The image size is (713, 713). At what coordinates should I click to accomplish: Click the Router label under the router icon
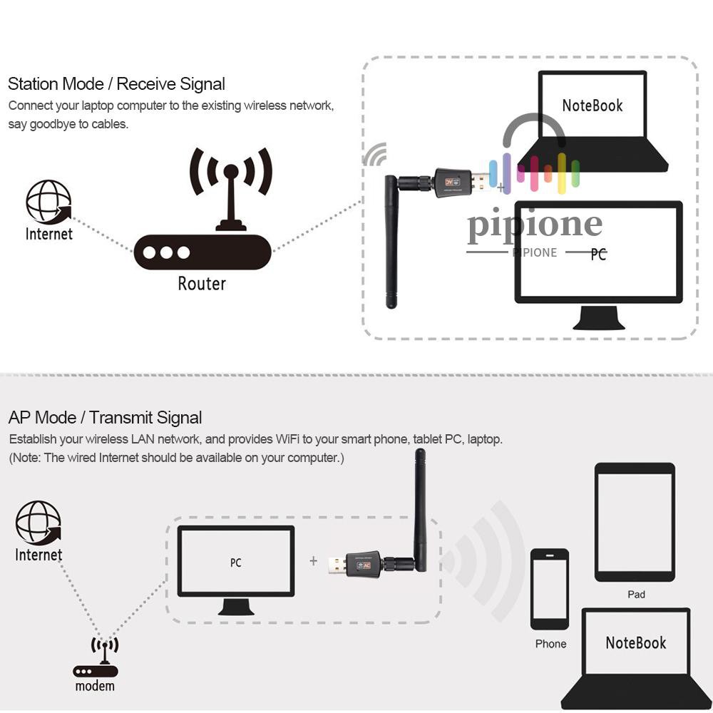[x=201, y=283]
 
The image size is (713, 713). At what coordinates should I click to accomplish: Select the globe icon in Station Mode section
[x=48, y=202]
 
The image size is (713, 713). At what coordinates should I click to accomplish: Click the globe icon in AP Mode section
[x=39, y=523]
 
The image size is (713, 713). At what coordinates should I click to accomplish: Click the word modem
[x=95, y=686]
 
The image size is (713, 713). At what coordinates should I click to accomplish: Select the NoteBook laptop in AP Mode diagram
[x=636, y=656]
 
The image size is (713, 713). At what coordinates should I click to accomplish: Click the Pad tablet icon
[x=635, y=522]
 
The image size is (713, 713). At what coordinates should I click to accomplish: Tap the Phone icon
[x=550, y=588]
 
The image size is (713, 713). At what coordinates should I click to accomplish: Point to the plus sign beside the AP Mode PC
[x=313, y=561]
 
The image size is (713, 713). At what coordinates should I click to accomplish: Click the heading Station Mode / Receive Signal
[x=116, y=84]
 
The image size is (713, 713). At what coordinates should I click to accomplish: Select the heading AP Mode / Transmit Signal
[x=105, y=418]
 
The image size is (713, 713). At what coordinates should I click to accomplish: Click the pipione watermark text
[x=535, y=224]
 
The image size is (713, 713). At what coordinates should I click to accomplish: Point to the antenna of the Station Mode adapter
[x=391, y=242]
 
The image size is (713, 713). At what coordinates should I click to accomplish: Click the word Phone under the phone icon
[x=550, y=644]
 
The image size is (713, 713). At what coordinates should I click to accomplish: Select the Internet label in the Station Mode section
[x=48, y=234]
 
